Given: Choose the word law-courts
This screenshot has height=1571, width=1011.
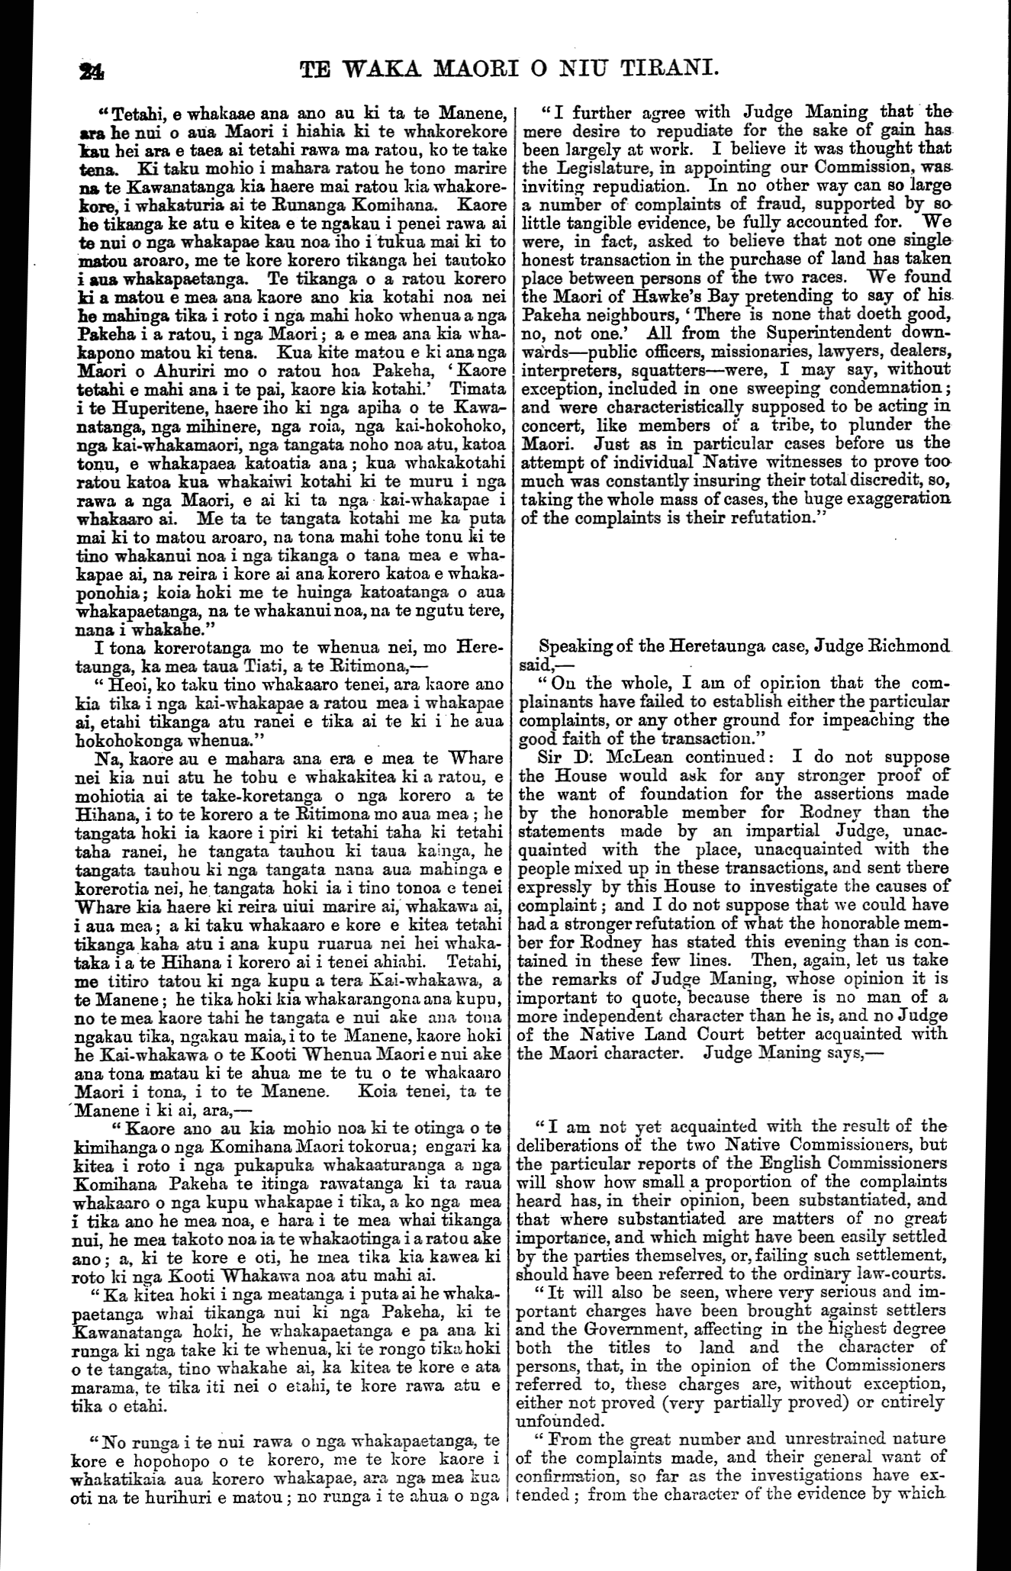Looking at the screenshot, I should tap(900, 1272).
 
